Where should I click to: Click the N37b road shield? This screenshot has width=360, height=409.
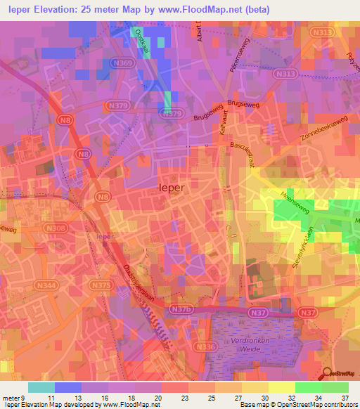(181, 309)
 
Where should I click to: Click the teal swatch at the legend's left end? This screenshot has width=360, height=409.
(41, 387)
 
